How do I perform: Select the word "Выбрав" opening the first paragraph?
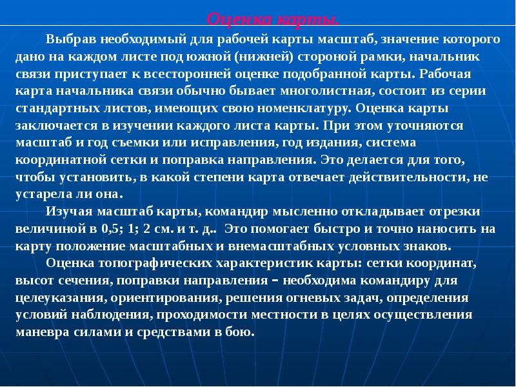[x=69, y=40]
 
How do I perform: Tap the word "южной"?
[x=213, y=57]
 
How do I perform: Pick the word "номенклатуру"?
[x=299, y=107]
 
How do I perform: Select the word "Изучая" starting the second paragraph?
[x=68, y=212]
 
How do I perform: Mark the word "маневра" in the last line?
[x=39, y=332]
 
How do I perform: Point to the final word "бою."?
[x=243, y=332]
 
